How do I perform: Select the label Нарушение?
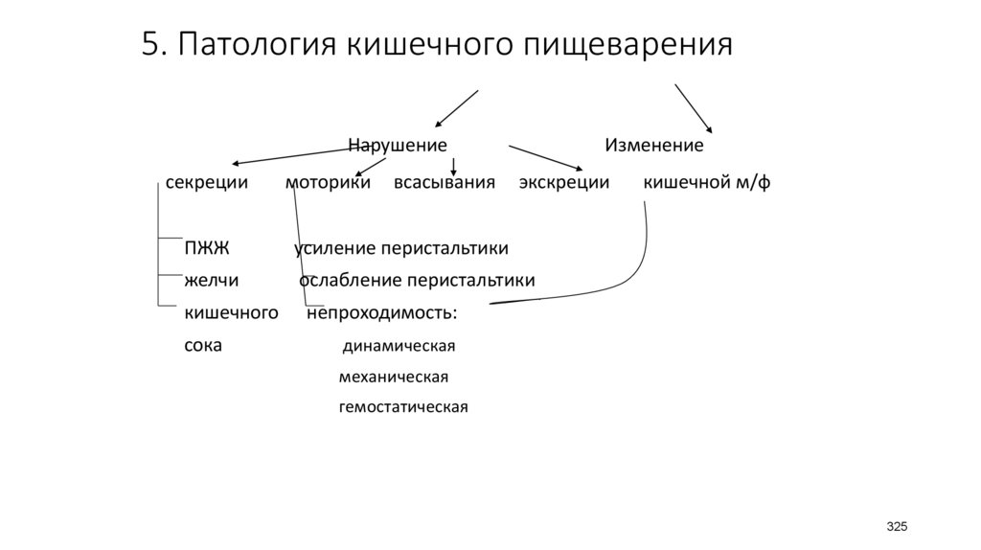click(397, 146)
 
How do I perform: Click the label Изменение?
click(653, 146)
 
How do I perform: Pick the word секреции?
click(207, 182)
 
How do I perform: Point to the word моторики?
click(328, 182)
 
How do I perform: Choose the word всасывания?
click(445, 182)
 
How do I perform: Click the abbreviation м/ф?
click(753, 182)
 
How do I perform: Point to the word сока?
click(202, 345)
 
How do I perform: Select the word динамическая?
click(398, 346)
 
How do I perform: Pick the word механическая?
click(393, 377)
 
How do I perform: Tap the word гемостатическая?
click(403, 407)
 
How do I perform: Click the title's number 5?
click(150, 45)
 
